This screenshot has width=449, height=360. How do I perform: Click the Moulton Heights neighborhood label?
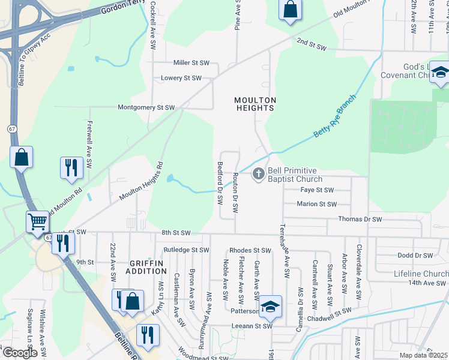tap(255, 104)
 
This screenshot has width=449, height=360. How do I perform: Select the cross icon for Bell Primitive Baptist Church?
tap(259, 175)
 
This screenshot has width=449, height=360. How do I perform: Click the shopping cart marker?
tap(38, 222)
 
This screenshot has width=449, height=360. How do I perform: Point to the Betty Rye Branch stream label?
tap(334, 117)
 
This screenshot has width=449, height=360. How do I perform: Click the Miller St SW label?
tap(191, 63)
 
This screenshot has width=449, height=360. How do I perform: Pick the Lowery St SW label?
tap(181, 78)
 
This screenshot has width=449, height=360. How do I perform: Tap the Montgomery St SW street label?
tap(146, 107)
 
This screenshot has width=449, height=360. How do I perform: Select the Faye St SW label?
tap(316, 190)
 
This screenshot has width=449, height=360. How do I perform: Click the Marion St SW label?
tap(317, 204)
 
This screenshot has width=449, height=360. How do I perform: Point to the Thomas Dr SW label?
tap(360, 220)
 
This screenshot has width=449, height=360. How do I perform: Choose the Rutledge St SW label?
tap(186, 250)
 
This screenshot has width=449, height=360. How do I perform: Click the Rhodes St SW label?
tap(250, 250)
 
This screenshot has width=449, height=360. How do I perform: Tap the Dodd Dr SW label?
tap(415, 255)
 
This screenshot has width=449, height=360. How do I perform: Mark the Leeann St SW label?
tap(252, 327)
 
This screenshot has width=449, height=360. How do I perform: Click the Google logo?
tap(20, 353)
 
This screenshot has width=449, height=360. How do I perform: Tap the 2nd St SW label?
tap(311, 45)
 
